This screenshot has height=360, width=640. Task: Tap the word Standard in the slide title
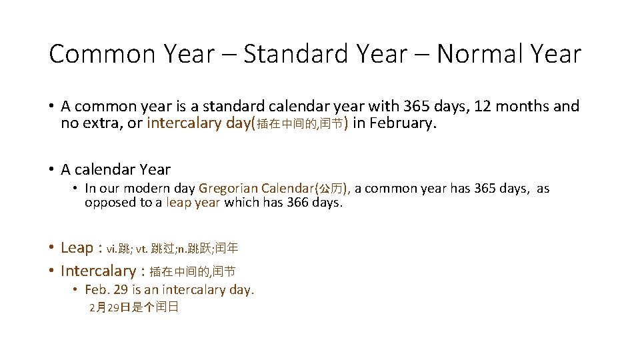point(293,54)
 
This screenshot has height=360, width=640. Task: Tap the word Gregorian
point(229,189)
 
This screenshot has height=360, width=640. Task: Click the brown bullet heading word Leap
point(77,248)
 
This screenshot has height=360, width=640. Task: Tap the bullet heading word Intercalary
point(97,271)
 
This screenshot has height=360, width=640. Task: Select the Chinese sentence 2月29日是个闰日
point(133,307)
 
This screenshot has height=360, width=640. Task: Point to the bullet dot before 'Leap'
point(51,248)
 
